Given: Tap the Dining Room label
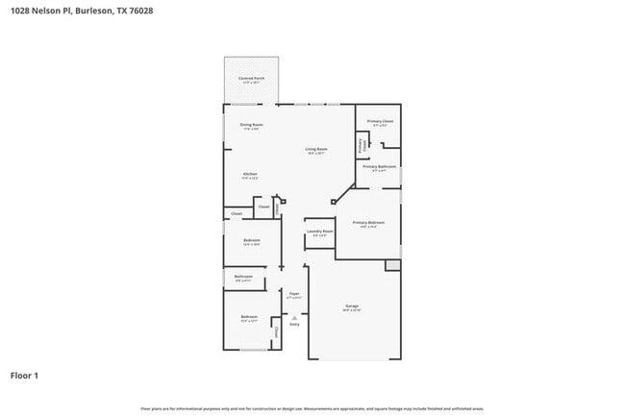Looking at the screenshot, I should (x=250, y=125).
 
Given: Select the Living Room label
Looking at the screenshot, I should (x=316, y=149).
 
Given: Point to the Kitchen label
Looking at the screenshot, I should (x=249, y=174).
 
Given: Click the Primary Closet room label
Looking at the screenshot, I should (x=380, y=121).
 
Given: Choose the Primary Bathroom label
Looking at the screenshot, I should (x=380, y=168).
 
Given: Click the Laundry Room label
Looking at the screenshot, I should (x=319, y=232).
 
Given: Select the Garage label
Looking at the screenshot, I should (x=352, y=307).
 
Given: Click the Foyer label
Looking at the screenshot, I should (x=294, y=294).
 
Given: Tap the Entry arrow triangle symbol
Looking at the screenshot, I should (x=294, y=316).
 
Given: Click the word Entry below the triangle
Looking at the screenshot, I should (x=294, y=325).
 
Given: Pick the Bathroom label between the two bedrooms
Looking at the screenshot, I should (x=243, y=277).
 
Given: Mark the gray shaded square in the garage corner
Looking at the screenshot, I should (x=392, y=264).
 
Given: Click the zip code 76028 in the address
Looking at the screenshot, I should (x=139, y=11).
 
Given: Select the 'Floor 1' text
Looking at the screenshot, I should (x=24, y=375).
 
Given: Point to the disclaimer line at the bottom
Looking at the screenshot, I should (x=312, y=409).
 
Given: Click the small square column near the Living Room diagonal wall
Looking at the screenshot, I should (x=332, y=202).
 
